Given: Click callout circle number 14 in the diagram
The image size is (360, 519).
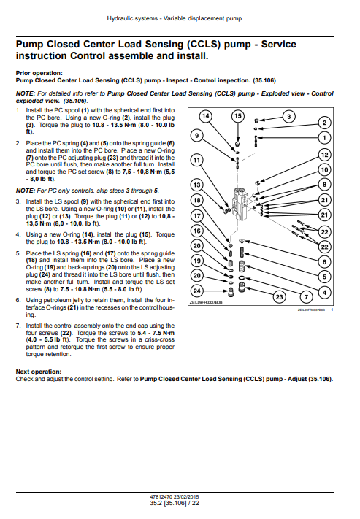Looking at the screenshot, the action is [x=206, y=116].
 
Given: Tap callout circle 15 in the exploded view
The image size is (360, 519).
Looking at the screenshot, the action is [x=238, y=116].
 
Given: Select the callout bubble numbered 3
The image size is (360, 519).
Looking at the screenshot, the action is [x=288, y=117].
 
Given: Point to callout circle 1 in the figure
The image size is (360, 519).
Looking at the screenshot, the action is [x=324, y=138].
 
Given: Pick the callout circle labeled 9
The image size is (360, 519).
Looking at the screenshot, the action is [x=196, y=135].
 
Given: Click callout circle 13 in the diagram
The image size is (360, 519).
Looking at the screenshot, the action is [x=196, y=185].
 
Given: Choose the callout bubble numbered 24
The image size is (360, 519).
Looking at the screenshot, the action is [x=196, y=291].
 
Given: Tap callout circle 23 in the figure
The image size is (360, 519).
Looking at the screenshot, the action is [x=279, y=296].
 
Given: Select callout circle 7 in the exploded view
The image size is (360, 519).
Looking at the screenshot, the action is [x=306, y=297].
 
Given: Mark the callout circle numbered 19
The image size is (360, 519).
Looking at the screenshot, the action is [x=196, y=261].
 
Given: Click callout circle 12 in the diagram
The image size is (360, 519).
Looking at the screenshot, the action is [x=324, y=155].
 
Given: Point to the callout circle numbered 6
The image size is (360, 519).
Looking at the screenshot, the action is [x=324, y=262].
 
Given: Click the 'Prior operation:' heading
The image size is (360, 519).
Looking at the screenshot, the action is [x=39, y=73].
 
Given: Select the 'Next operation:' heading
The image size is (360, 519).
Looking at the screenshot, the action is [x=39, y=372].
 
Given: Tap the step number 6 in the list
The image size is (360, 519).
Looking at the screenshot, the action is [x=18, y=300].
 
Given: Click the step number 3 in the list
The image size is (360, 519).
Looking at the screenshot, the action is [x=18, y=201].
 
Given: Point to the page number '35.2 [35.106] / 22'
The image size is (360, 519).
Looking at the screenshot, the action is [x=175, y=503].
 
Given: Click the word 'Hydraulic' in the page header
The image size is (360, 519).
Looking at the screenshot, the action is [x=118, y=18].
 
